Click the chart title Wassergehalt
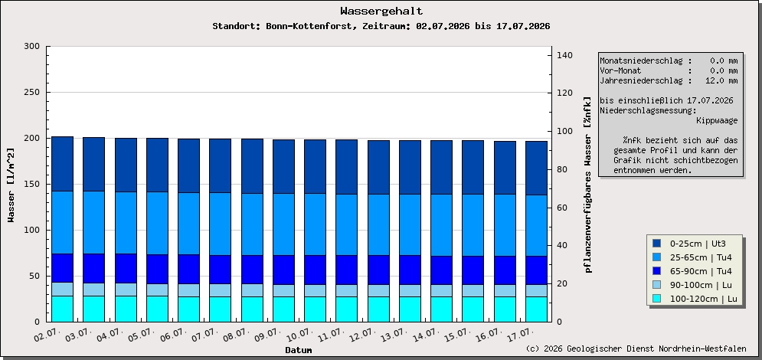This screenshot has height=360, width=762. tap(381, 11)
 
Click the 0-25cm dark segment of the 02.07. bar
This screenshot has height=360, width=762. tap(62, 164)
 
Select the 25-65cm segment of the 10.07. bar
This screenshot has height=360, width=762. tap(315, 224)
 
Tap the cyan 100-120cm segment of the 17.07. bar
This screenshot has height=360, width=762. tap(537, 309)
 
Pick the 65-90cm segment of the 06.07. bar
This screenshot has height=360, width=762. tap(188, 269)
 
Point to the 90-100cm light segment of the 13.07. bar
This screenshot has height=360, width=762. tap(410, 290)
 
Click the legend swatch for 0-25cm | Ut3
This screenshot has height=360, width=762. tap(656, 244)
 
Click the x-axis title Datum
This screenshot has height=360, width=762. tap(299, 350)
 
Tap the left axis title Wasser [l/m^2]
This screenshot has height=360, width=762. tap(11, 185)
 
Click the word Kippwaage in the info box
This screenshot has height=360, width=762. tap(717, 120)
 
